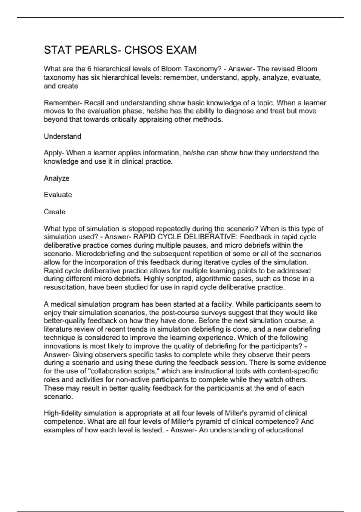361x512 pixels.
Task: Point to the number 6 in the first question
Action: pos(89,69)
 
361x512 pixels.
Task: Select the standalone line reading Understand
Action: pos(63,136)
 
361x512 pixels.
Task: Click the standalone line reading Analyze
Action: pos(57,178)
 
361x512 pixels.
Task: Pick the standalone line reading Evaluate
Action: pos(58,195)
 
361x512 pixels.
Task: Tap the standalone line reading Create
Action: pos(54,212)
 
